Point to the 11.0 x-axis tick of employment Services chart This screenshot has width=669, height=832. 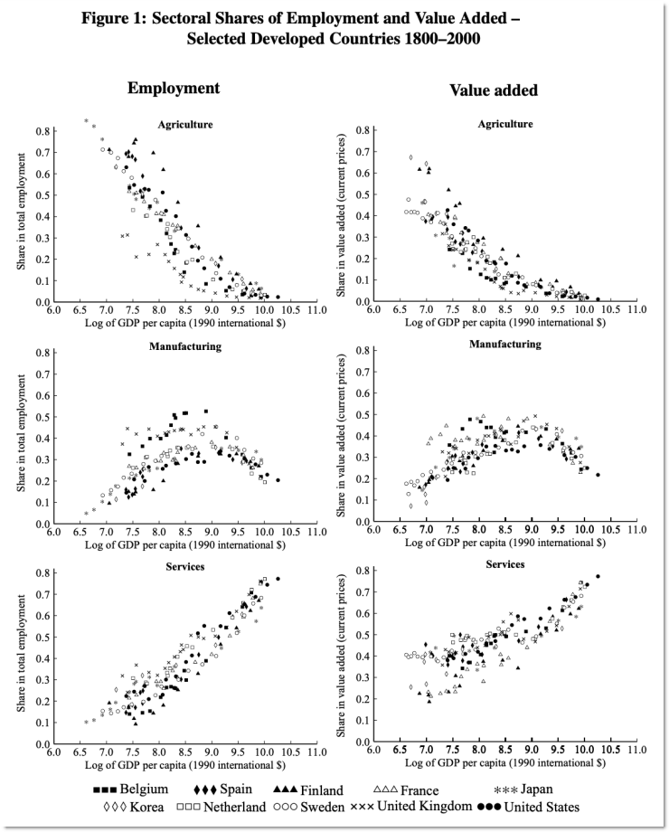point(317,752)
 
